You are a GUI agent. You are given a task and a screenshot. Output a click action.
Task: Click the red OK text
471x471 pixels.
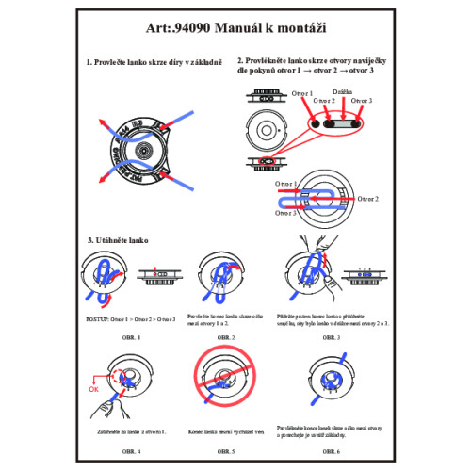tap(92, 386)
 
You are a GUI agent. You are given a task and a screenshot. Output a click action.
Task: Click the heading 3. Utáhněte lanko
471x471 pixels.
tap(115, 241)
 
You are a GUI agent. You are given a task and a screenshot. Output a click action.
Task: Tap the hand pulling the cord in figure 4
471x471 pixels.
tap(111, 407)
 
